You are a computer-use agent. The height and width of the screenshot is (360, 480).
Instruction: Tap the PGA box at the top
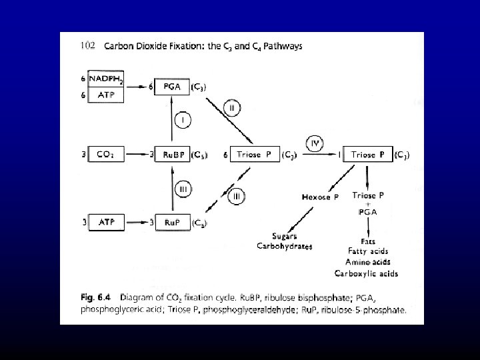pyautogui.click(x=173, y=87)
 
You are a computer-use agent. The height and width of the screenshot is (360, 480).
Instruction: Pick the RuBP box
pyautogui.click(x=173, y=155)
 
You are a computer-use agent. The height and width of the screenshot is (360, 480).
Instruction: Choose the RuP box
pyautogui.click(x=173, y=222)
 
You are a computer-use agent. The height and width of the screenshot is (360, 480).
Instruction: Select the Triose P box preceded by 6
pyautogui.click(x=253, y=155)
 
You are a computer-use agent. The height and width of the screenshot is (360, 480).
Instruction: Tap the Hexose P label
pyautogui.click(x=321, y=197)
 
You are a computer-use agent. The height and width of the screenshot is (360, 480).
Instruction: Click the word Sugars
pyautogui.click(x=285, y=237)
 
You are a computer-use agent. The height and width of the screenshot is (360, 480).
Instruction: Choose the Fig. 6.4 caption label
pyautogui.click(x=91, y=297)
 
